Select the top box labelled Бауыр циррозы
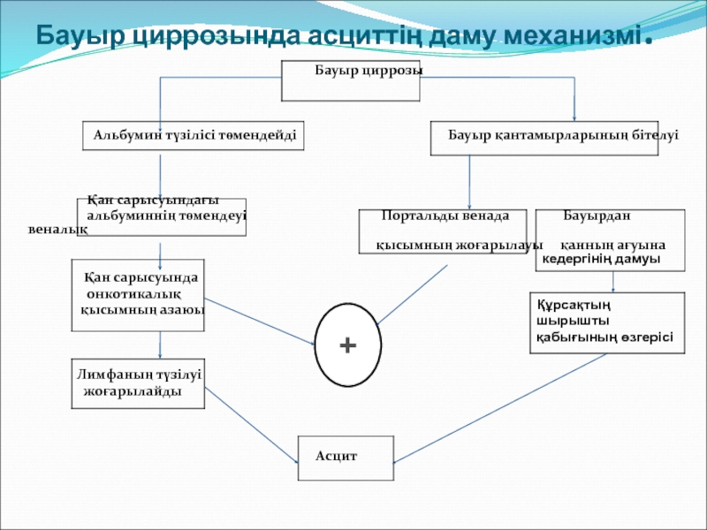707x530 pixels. click(350, 80)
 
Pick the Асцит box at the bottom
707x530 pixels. click(346, 458)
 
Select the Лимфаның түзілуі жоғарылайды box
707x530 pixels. click(138, 383)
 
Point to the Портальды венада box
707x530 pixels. click(445, 231)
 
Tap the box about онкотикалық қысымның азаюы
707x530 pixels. click(138, 294)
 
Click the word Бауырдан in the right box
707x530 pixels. click(597, 216)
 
